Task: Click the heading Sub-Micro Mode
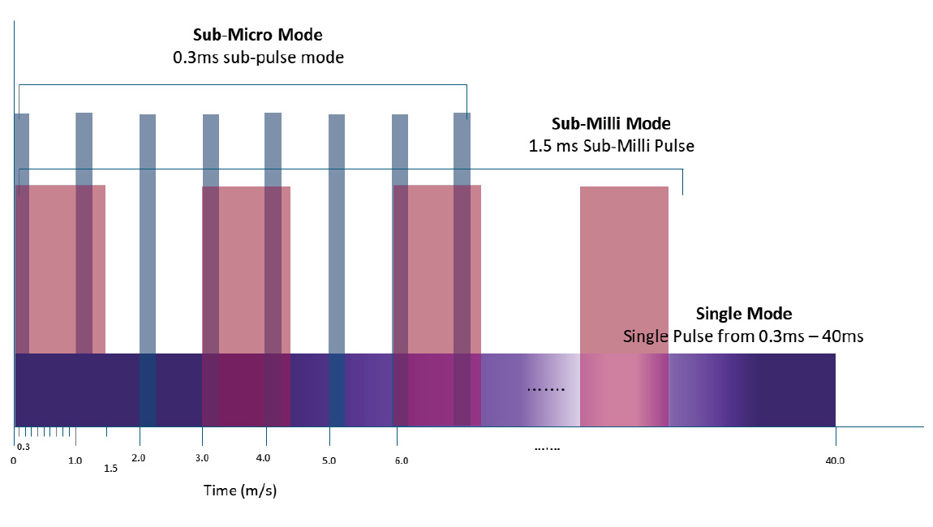pyautogui.click(x=257, y=35)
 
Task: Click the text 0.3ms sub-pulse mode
pyautogui.click(x=257, y=58)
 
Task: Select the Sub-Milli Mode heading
pyautogui.click(x=611, y=124)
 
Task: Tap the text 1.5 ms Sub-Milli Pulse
pyautogui.click(x=611, y=147)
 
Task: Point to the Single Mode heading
pyautogui.click(x=744, y=314)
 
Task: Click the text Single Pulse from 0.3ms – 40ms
pyautogui.click(x=743, y=336)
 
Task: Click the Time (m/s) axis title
pyautogui.click(x=241, y=491)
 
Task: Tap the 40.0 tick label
pyautogui.click(x=835, y=461)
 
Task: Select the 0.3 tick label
pyautogui.click(x=24, y=447)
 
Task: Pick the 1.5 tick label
pyautogui.click(x=111, y=469)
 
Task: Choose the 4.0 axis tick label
pyautogui.click(x=263, y=459)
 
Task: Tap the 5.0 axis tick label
pyautogui.click(x=329, y=461)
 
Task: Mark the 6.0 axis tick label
pyautogui.click(x=401, y=461)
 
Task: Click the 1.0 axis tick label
pyautogui.click(x=75, y=460)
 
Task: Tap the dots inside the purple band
pyautogui.click(x=545, y=390)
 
